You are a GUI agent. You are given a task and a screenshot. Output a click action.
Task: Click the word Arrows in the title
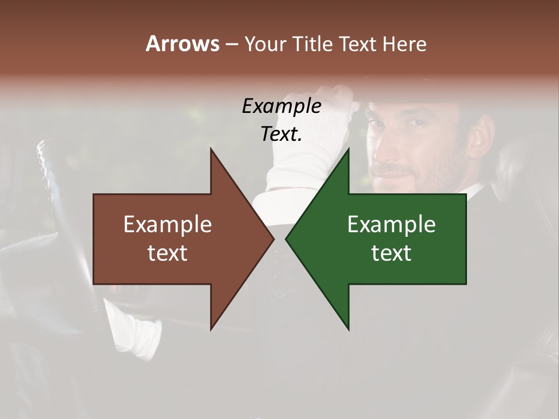pos(182,44)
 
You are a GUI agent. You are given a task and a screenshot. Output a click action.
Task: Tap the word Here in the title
pos(404,44)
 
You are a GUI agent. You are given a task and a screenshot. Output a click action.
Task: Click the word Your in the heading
pos(264,44)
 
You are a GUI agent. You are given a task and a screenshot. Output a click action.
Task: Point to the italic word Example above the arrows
pos(281,106)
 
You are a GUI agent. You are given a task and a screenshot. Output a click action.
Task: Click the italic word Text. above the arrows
pos(281,134)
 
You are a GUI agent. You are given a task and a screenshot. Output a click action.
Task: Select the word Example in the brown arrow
pos(168,224)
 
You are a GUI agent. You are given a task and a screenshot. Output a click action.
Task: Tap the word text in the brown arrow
pos(168,253)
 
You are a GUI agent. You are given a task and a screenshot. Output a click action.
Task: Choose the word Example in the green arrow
pos(391,224)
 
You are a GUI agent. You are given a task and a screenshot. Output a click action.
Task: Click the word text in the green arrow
pos(391,253)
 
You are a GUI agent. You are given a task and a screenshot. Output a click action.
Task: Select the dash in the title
pos(231,44)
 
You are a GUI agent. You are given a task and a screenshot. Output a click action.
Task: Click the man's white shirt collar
pos(475,192)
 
